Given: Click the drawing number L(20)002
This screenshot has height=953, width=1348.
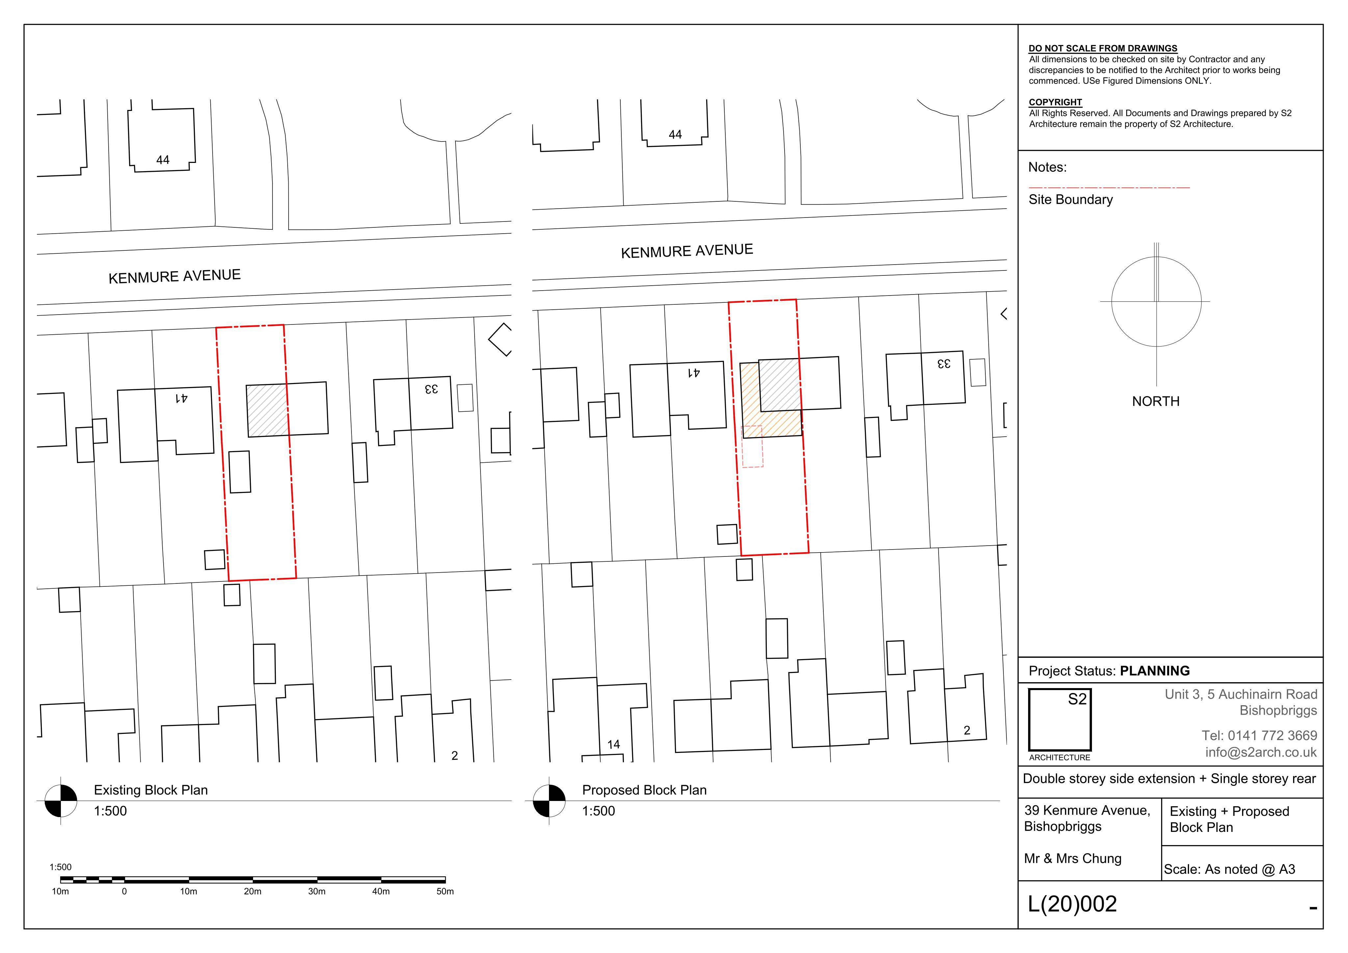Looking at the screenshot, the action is coord(1072,904).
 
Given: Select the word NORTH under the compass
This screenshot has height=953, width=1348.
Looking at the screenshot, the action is coord(1155,401).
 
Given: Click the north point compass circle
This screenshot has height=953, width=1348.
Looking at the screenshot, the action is coord(1112,302).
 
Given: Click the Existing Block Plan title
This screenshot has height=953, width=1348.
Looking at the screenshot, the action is coord(151,790).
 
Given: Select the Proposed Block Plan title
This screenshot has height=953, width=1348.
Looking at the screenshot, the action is coord(644,790).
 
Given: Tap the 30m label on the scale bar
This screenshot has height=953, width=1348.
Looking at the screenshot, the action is coord(317,891).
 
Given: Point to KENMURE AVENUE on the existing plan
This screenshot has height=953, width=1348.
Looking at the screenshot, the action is coord(174,276).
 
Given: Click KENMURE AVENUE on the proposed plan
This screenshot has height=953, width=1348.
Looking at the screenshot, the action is coord(687,251).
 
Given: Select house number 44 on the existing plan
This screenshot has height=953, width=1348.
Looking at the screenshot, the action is coord(163,160).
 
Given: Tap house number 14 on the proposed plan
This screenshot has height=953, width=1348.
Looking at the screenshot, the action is coord(613,745).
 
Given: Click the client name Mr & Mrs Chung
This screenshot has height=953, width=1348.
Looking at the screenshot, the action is coord(1073,859).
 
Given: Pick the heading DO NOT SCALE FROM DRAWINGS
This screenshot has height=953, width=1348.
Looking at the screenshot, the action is coord(1102,48).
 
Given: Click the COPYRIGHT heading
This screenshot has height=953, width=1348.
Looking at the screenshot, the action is coord(1055,102).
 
